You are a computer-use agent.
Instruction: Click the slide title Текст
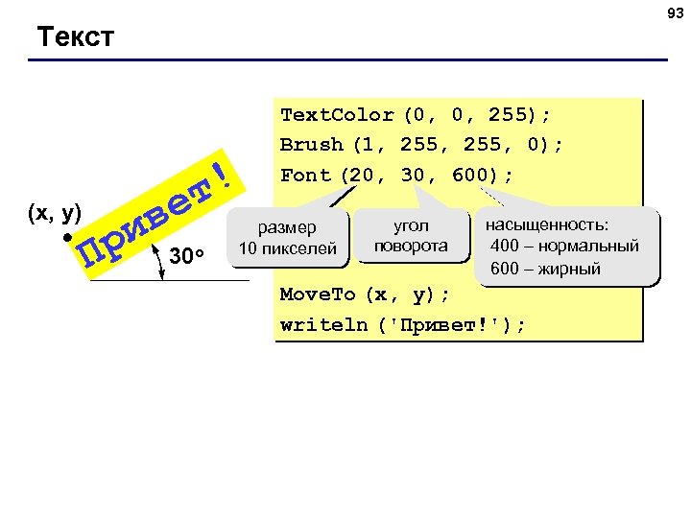click(x=75, y=37)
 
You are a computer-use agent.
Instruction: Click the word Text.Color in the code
click(x=337, y=115)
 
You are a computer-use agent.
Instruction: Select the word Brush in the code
click(x=311, y=145)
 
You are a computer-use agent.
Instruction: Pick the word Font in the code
click(x=305, y=176)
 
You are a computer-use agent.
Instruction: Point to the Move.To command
click(x=318, y=294)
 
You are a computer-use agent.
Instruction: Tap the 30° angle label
click(x=187, y=256)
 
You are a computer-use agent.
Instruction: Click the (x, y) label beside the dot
click(x=56, y=214)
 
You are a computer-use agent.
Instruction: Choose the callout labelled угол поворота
click(x=411, y=236)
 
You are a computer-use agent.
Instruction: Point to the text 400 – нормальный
click(x=563, y=247)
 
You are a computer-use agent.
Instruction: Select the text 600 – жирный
click(x=545, y=269)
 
